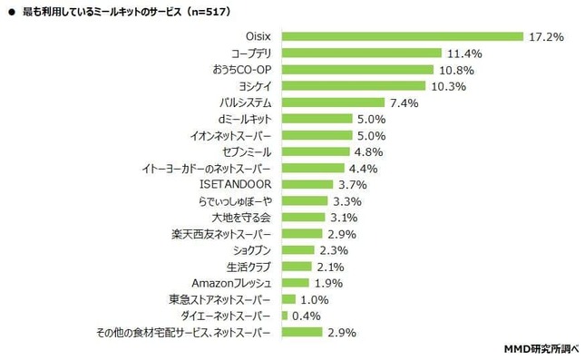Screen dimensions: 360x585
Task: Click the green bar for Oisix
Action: point(403,36)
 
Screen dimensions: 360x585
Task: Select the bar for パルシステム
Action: point(333,102)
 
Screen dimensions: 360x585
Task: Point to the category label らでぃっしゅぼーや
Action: point(238,201)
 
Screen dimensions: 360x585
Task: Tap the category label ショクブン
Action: point(251,250)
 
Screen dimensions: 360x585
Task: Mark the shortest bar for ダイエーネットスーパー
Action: point(285,316)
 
